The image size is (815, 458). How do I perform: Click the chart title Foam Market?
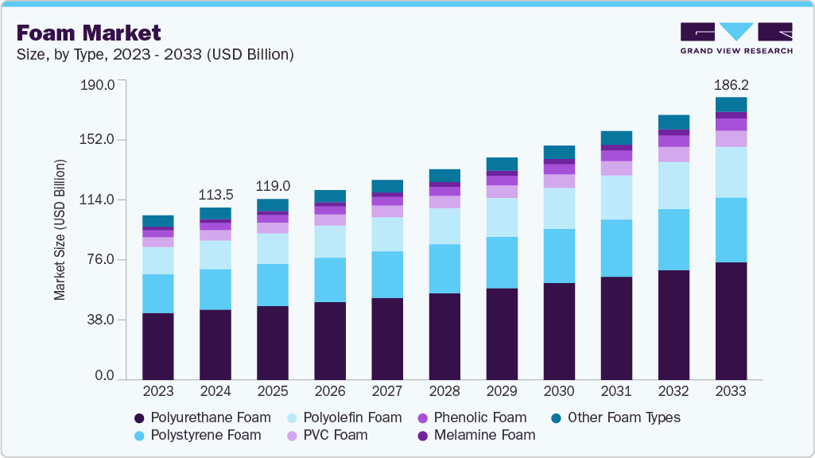click(x=88, y=33)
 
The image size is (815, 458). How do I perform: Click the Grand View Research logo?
click(x=735, y=38)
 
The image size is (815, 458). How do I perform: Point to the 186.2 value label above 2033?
click(x=731, y=83)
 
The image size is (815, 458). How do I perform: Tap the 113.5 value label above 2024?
click(x=215, y=195)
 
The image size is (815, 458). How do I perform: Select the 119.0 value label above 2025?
click(x=273, y=186)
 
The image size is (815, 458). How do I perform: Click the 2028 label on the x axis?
click(x=444, y=392)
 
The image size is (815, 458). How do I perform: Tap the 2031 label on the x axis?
click(x=616, y=392)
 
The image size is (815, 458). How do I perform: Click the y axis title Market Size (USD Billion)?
click(x=60, y=230)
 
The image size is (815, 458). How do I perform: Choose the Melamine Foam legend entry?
click(x=476, y=435)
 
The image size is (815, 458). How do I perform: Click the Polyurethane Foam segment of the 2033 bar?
click(x=731, y=320)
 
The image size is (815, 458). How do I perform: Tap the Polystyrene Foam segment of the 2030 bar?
click(x=559, y=255)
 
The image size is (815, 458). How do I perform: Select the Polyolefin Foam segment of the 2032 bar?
click(x=673, y=185)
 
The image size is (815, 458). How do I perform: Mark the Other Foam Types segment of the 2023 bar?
click(x=158, y=221)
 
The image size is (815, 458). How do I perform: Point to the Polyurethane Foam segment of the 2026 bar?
click(x=330, y=340)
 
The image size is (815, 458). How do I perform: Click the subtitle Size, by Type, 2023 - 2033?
click(x=156, y=55)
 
